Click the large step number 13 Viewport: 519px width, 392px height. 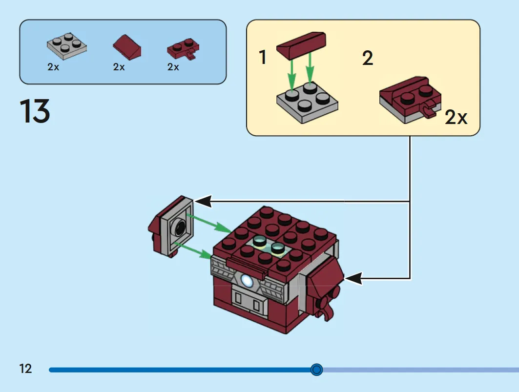[x=35, y=111]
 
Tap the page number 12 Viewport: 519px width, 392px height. [x=25, y=369]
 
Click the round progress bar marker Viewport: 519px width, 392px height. [x=316, y=369]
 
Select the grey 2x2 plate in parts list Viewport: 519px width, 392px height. [x=67, y=46]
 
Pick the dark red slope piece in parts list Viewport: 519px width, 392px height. [x=127, y=47]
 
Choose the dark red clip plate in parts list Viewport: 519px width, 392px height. [x=183, y=49]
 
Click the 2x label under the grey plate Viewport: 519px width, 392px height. [x=53, y=67]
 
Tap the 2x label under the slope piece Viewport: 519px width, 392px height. [x=119, y=67]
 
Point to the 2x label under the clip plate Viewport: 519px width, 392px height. [x=173, y=67]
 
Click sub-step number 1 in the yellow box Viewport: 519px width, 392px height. [x=263, y=57]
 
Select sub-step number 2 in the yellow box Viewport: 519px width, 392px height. [x=368, y=58]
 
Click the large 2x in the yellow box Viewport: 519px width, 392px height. [x=456, y=117]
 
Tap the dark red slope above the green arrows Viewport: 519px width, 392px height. [x=301, y=45]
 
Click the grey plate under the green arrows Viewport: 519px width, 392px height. [x=307, y=103]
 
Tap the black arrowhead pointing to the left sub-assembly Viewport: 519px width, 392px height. [x=203, y=201]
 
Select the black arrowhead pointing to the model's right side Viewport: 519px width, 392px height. [x=353, y=278]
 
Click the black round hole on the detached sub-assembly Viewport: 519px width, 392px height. [x=181, y=227]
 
